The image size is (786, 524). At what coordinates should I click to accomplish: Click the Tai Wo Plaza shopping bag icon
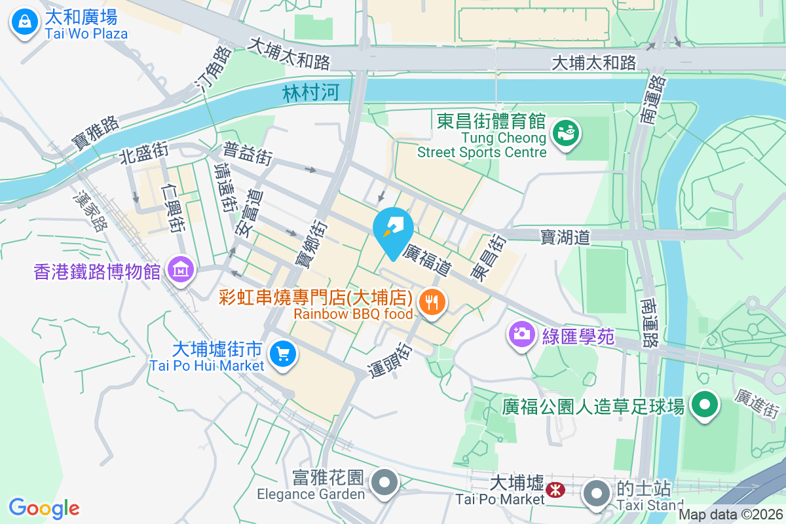click(24, 22)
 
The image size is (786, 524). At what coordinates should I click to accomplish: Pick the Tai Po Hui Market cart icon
click(283, 355)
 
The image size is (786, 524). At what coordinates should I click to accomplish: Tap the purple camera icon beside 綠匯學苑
click(521, 334)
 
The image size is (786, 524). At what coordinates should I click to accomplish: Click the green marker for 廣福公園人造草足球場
click(704, 404)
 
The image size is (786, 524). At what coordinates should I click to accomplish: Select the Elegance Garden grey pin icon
click(384, 483)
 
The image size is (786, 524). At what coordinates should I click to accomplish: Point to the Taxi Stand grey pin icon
click(595, 492)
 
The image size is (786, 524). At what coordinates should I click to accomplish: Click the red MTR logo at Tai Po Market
click(556, 489)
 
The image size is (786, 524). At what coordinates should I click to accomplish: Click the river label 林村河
click(311, 93)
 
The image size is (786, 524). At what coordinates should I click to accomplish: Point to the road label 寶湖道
click(565, 236)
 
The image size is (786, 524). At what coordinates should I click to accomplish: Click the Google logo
click(44, 508)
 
